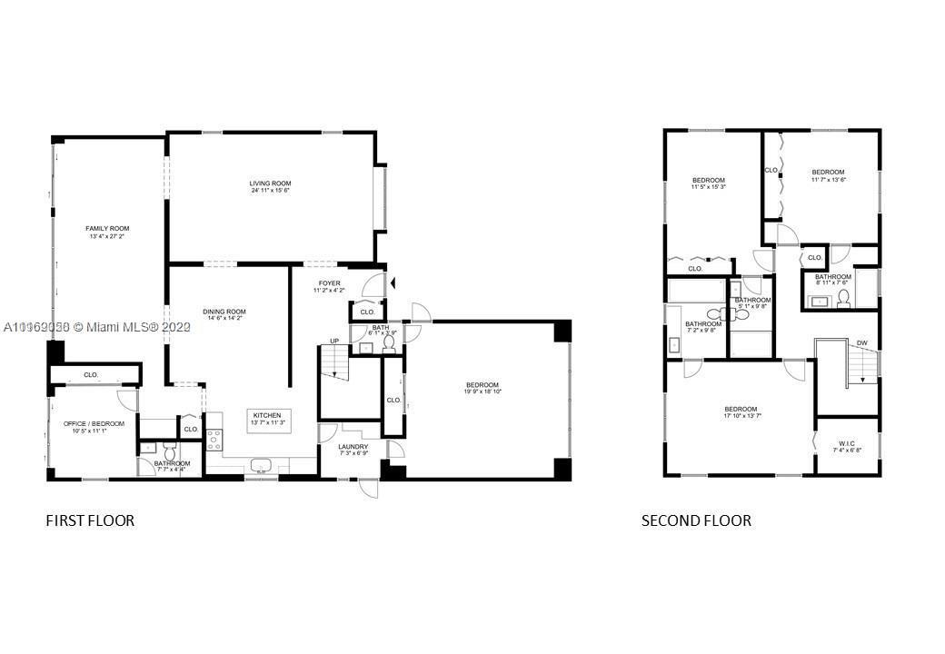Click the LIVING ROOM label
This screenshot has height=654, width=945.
(x=270, y=183)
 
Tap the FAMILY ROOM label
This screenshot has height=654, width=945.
(x=107, y=228)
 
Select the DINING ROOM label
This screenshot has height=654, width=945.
(x=224, y=312)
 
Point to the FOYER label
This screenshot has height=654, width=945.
(x=329, y=283)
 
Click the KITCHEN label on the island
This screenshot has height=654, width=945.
(x=267, y=415)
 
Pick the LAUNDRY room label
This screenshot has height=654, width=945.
(x=353, y=446)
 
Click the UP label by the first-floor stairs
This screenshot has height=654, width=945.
(x=333, y=342)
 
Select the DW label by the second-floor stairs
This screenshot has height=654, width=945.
(x=861, y=342)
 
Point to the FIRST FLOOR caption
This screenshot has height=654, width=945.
(x=90, y=520)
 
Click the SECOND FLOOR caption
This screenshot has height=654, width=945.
(x=696, y=520)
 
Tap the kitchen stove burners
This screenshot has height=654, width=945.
(x=215, y=440)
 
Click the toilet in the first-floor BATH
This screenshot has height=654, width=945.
(x=388, y=342)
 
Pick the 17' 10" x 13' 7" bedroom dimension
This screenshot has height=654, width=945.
(x=741, y=416)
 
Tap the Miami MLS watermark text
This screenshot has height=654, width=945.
(x=94, y=327)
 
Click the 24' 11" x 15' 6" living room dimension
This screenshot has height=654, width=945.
(x=270, y=192)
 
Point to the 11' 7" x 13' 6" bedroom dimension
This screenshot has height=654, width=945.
(x=828, y=180)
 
